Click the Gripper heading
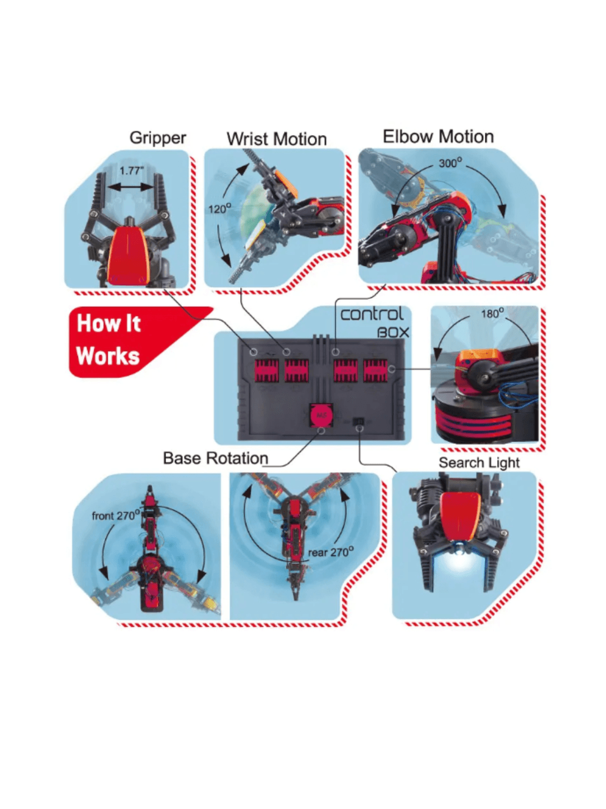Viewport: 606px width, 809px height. pos(158,138)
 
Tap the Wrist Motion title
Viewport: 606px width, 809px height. pos(276,139)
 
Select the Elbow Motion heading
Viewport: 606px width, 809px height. pos(438,137)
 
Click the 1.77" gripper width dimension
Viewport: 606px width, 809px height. pos(132,171)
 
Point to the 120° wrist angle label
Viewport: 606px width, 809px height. pos(220,208)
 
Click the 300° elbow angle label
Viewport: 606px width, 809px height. pos(451,162)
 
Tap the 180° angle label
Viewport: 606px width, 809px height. pos(492,313)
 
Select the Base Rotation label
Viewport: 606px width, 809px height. pos(215,458)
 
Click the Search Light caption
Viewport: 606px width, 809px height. pos(479,462)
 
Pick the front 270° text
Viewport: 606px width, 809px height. pos(116,515)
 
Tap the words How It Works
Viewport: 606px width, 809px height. pos(108,339)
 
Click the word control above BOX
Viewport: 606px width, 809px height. pos(371,314)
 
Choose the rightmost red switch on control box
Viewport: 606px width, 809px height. pos(375,370)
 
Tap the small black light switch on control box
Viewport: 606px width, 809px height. pos(358,421)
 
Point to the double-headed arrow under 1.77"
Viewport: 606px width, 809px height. pos(131,187)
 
